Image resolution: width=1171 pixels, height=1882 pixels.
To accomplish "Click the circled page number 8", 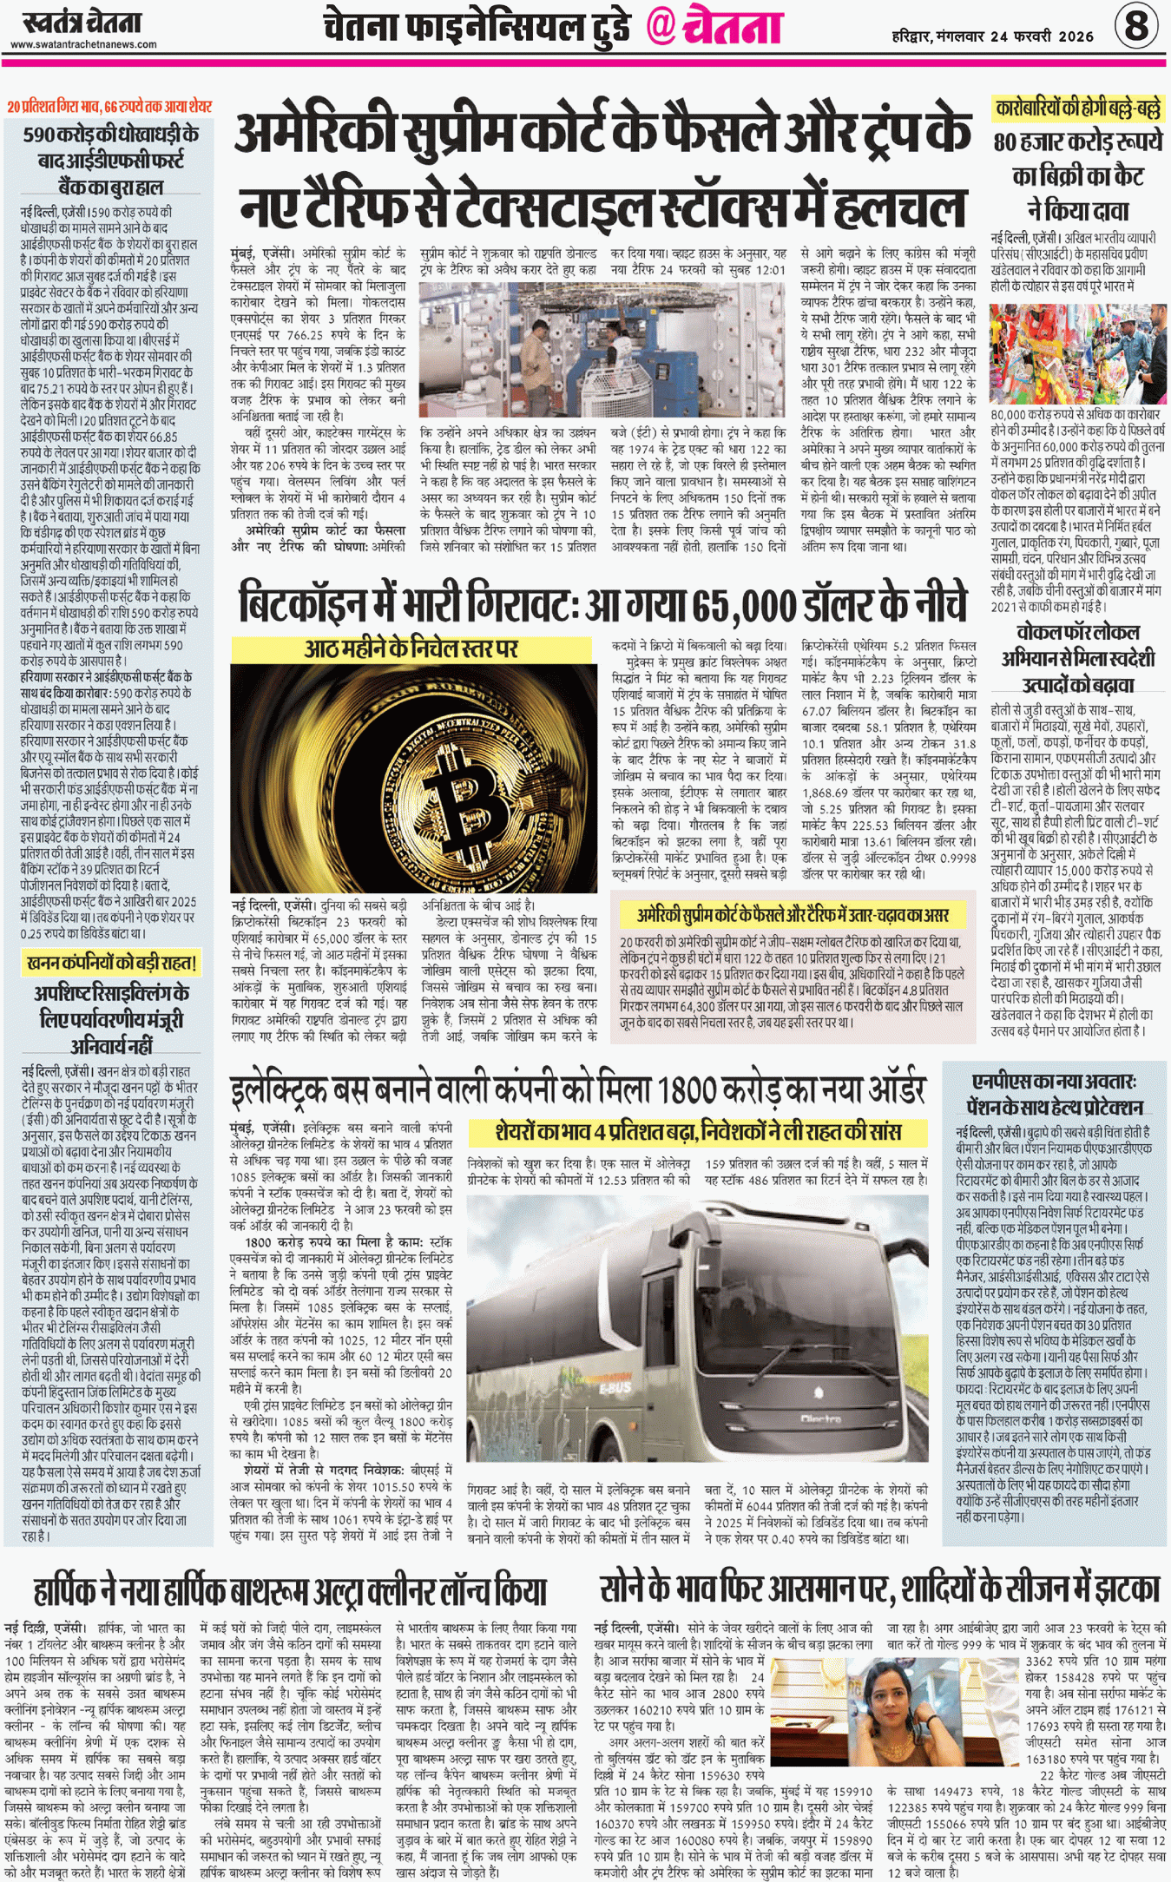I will coord(1135,25).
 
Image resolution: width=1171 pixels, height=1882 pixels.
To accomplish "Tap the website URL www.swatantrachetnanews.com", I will coord(83,44).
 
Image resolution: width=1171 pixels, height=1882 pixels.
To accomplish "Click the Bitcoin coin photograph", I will coord(413,779).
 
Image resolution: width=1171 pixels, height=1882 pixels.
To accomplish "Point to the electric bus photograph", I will coord(697,1323).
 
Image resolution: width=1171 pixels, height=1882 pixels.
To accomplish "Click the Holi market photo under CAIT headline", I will coord(1077,353).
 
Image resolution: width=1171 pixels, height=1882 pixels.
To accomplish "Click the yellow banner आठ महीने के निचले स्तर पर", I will coord(411,648).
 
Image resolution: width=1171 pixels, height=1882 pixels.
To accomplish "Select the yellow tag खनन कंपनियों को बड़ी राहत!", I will coord(111,962).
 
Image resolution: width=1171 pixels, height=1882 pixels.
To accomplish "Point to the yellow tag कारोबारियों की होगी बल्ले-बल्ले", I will coord(1076,109).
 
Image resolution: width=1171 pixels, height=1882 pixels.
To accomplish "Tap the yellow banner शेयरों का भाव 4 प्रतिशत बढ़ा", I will coord(698,1132).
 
